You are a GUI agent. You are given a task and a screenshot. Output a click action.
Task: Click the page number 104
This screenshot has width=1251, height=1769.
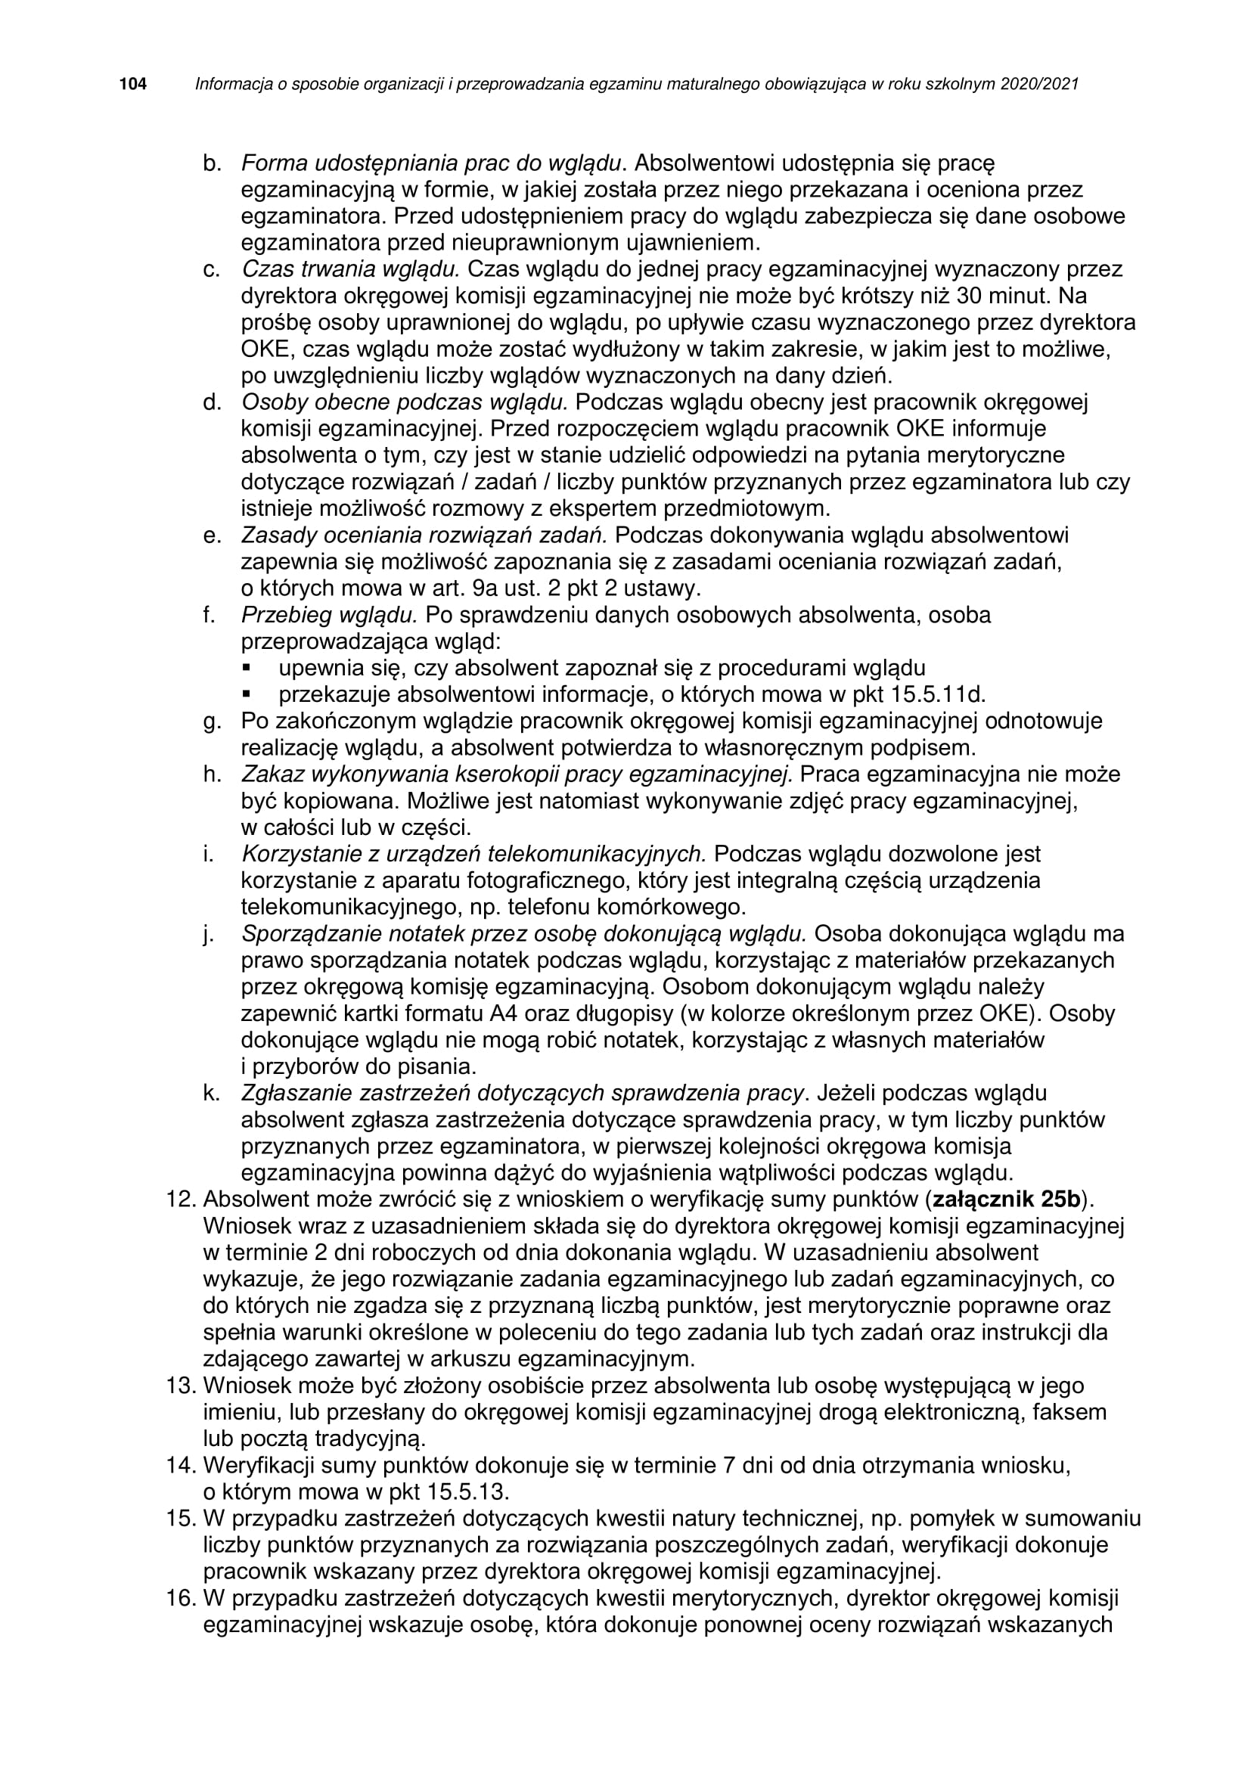pos(132,84)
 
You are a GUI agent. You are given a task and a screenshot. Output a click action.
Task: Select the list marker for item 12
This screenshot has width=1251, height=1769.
pos(182,1200)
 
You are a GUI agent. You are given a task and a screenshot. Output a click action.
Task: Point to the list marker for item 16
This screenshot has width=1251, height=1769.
pos(182,1599)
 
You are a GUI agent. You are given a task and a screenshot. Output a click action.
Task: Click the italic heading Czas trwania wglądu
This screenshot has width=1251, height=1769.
pos(350,269)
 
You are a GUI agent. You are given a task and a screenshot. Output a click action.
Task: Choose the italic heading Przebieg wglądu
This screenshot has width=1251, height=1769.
pos(329,615)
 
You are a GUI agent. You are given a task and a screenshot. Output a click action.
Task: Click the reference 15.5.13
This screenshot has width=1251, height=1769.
pos(468,1491)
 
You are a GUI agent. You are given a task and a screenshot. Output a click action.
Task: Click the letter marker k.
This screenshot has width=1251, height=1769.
pos(212,1094)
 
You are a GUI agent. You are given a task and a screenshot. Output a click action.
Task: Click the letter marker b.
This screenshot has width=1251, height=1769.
pos(212,163)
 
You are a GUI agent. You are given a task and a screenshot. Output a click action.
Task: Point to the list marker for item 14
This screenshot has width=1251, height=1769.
pos(182,1466)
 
